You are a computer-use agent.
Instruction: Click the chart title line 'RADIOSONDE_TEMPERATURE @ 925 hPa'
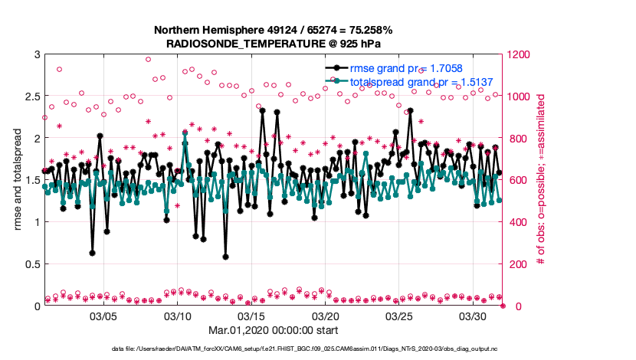pyautogui.click(x=273, y=43)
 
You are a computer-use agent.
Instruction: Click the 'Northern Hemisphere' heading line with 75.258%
pyautogui.click(x=273, y=30)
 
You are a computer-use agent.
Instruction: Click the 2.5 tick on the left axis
pyautogui.click(x=31, y=97)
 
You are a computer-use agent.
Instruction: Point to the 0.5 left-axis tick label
pyautogui.click(x=31, y=264)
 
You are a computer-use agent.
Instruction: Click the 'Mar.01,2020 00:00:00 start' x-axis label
pyautogui.click(x=273, y=331)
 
